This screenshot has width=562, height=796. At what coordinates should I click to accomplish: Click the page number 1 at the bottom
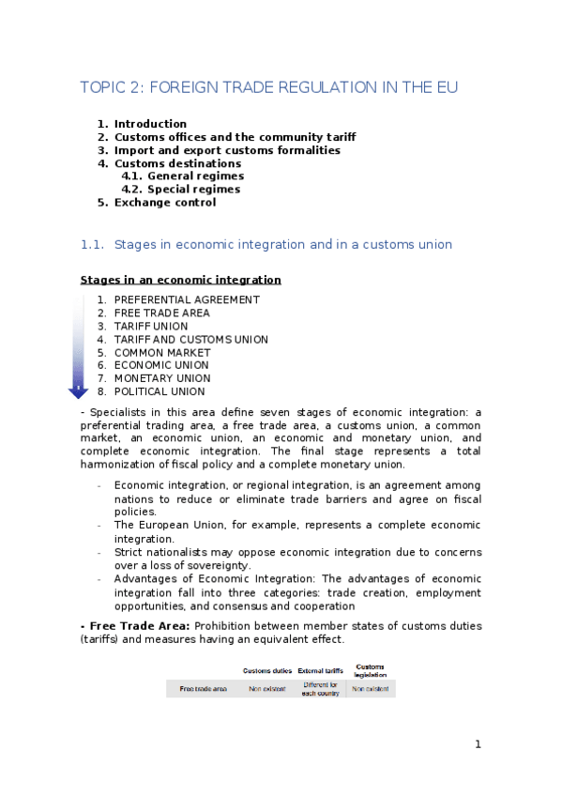click(x=478, y=744)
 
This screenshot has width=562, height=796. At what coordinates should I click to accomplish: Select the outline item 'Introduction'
click(x=150, y=124)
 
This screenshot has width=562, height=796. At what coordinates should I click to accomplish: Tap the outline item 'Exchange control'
click(x=165, y=203)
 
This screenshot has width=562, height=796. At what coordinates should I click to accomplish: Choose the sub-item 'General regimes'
click(x=195, y=176)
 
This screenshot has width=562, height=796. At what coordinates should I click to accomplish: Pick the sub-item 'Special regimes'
click(x=194, y=190)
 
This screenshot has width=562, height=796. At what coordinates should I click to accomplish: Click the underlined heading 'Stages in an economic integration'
click(x=180, y=280)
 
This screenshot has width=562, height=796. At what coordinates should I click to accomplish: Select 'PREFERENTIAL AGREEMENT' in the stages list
click(x=187, y=300)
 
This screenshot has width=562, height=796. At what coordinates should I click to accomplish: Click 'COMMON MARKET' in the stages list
click(x=162, y=353)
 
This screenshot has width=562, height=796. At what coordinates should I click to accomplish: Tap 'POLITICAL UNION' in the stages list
click(x=159, y=392)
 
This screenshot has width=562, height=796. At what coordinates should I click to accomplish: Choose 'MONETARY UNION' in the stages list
click(x=162, y=379)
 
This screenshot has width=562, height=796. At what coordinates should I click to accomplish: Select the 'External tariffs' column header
click(x=320, y=671)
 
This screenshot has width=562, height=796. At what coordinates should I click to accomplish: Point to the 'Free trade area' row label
click(x=203, y=689)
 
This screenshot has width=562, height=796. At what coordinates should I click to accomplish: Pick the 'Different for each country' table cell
click(x=320, y=689)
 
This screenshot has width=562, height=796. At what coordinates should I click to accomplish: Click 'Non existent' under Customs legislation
click(x=370, y=689)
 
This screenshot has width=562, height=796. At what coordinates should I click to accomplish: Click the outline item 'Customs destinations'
click(x=177, y=163)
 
